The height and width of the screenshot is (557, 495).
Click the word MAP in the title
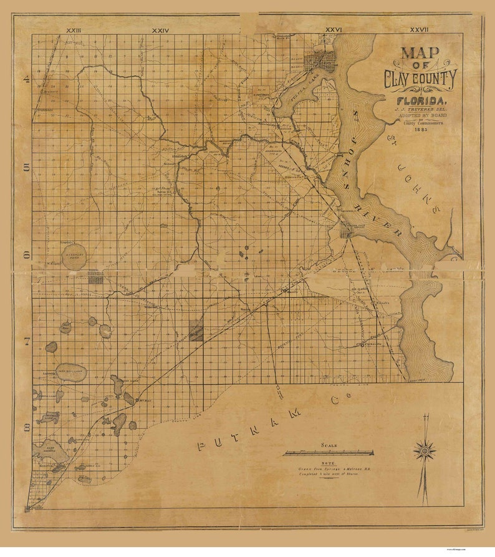coord(420,53)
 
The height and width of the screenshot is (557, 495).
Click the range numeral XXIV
coord(161,29)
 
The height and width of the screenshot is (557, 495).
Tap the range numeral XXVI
coord(334,29)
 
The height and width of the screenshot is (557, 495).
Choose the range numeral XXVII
coord(419,29)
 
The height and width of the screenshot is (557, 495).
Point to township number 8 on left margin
coord(26,427)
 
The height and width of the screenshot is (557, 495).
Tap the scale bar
coord(329,453)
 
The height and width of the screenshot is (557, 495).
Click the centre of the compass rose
coord(424,450)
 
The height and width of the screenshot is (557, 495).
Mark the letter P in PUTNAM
coord(201,445)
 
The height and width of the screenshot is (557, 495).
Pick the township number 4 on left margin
coord(26,79)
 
